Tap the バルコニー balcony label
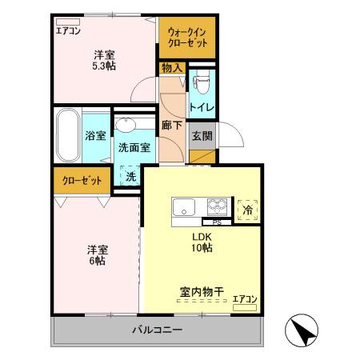(x=157, y=330)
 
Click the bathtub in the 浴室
(x=66, y=135)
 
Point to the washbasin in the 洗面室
(x=126, y=125)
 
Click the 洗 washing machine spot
(x=129, y=175)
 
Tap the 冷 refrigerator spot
(x=246, y=208)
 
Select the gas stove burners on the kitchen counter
(x=218, y=204)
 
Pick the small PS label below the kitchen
(x=216, y=222)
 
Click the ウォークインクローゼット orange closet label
(x=187, y=38)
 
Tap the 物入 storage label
(x=172, y=68)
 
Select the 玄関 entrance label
(x=201, y=135)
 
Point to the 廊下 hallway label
(x=171, y=125)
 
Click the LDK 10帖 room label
(x=201, y=242)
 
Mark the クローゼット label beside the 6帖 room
(x=82, y=180)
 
